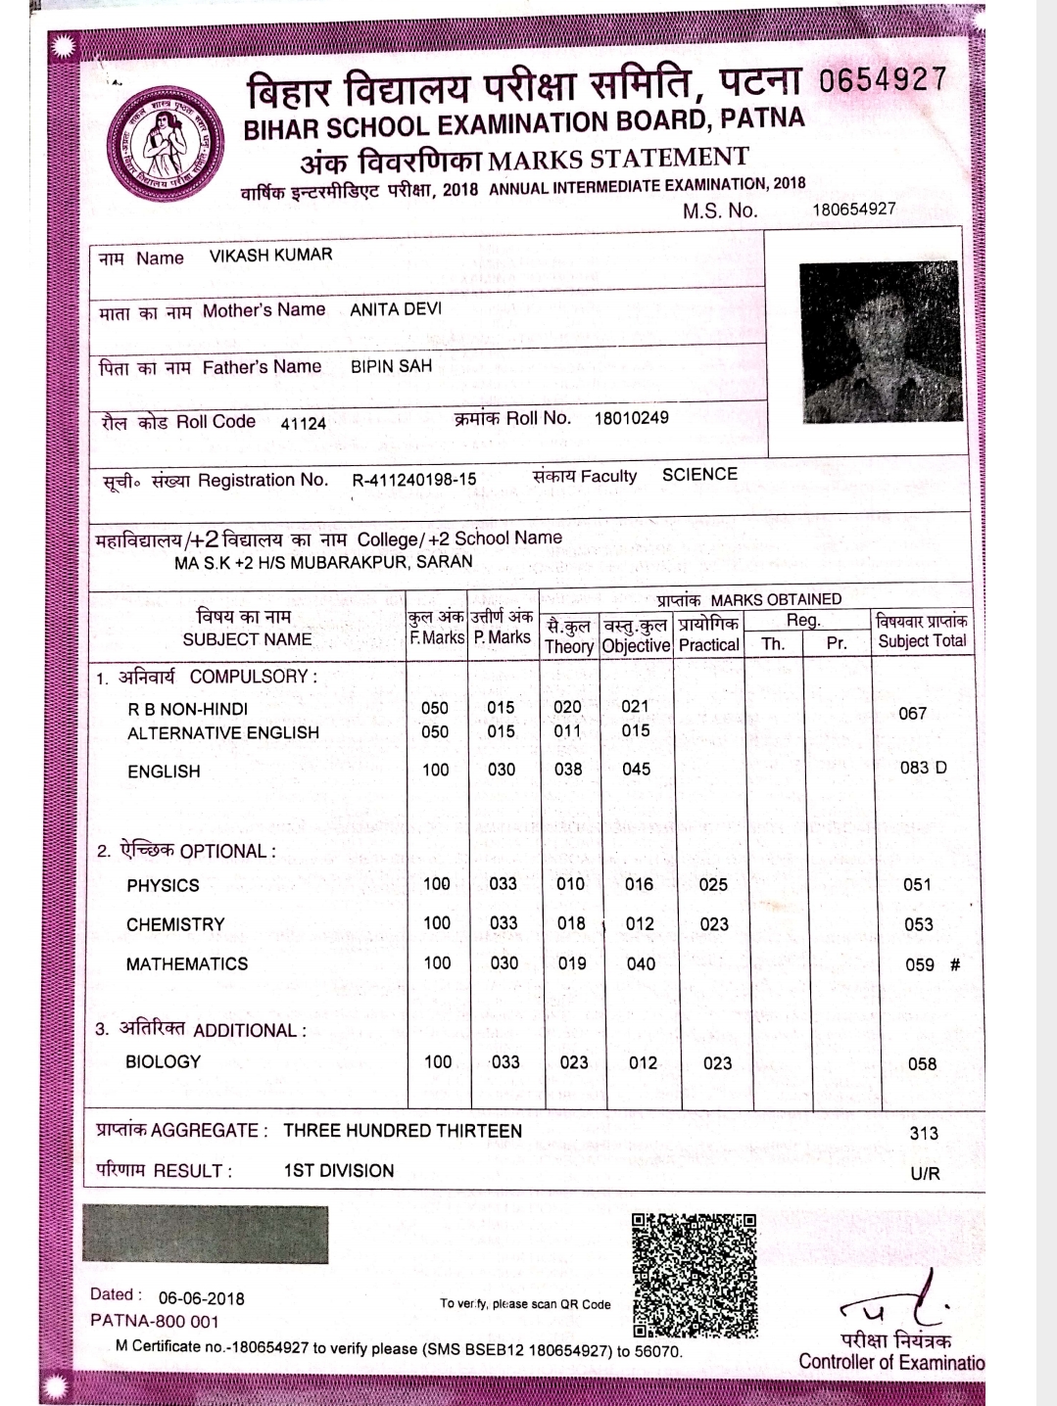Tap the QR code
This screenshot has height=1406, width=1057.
coord(695,1275)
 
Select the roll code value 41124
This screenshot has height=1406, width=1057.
coord(303,423)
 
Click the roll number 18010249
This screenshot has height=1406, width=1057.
coord(631,418)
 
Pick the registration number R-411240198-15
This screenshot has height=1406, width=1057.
coord(413,480)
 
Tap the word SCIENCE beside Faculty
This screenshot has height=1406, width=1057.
coord(699,475)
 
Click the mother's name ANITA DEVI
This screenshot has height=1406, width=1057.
coord(396,309)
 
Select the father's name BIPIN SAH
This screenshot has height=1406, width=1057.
coord(391,366)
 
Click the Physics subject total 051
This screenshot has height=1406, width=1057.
coord(917,884)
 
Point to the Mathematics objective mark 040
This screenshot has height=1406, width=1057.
coord(641,963)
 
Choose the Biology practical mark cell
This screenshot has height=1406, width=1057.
coord(717,1062)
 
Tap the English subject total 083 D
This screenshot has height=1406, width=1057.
coord(923,768)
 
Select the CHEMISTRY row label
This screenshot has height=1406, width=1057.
coord(175,924)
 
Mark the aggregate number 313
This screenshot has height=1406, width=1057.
coord(923,1133)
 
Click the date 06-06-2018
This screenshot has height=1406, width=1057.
coord(201,1298)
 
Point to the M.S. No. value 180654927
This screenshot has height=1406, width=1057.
coord(853,209)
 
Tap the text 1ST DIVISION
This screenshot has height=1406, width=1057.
coord(338,1170)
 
